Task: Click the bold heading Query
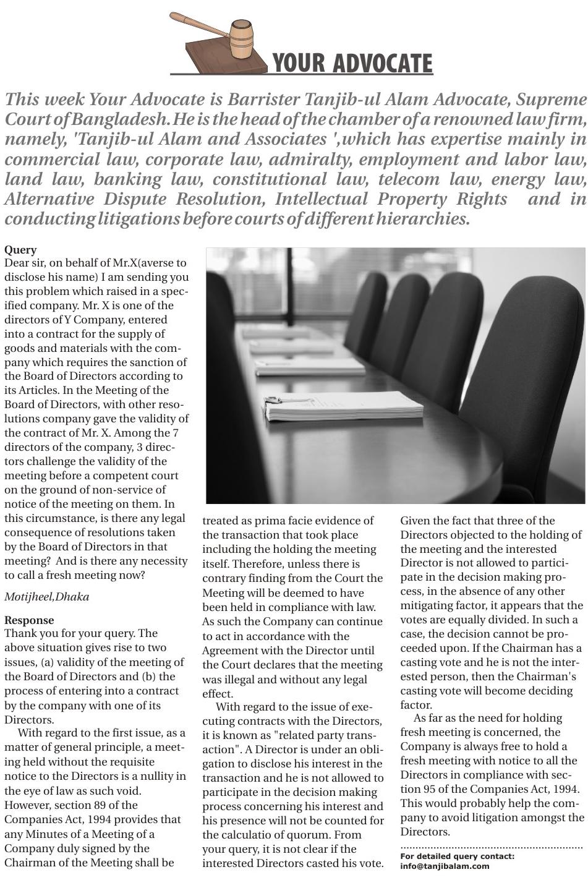coord(20,250)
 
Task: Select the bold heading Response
coord(29,620)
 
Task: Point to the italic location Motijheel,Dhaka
coord(46,597)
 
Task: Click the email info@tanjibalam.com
coord(445,866)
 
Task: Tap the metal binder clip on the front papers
coord(273,403)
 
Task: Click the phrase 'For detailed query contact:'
coord(457,857)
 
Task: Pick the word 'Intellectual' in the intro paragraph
coord(322,199)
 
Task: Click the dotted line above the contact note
coord(492,846)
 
